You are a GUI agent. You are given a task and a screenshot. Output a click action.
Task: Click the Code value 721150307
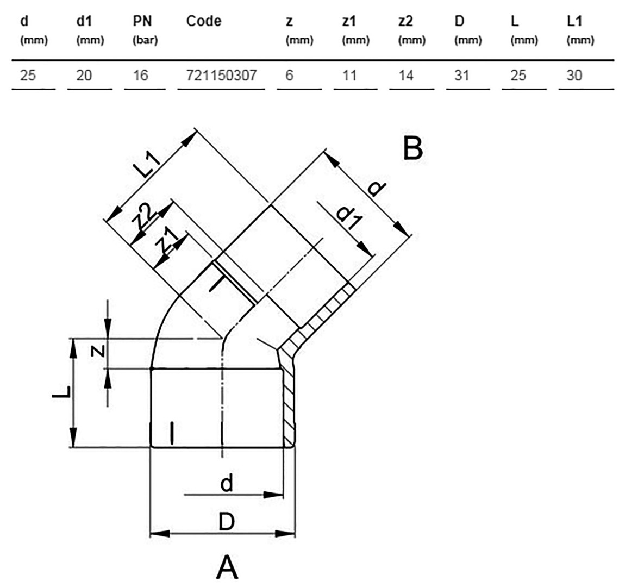click(221, 75)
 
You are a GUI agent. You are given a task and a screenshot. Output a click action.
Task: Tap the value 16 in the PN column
click(140, 75)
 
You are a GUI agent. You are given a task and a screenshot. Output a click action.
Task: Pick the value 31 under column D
click(461, 75)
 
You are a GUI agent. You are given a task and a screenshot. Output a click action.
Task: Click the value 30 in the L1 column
click(574, 75)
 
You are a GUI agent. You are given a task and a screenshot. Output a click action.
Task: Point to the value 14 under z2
click(406, 75)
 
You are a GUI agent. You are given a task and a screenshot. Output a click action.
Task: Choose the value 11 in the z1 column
click(349, 75)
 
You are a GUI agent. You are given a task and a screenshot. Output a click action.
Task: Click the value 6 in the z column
click(290, 75)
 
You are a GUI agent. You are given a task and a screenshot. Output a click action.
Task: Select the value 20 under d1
click(84, 75)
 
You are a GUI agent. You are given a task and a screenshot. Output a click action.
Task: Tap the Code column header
click(204, 21)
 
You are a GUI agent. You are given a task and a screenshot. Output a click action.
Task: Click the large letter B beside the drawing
click(412, 148)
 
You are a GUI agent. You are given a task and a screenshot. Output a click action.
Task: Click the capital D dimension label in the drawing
click(227, 522)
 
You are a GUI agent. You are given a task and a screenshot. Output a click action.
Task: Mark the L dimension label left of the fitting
click(61, 392)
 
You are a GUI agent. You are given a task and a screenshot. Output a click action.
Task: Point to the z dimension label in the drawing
click(98, 351)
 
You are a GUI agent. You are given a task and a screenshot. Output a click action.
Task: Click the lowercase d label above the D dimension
click(227, 484)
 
